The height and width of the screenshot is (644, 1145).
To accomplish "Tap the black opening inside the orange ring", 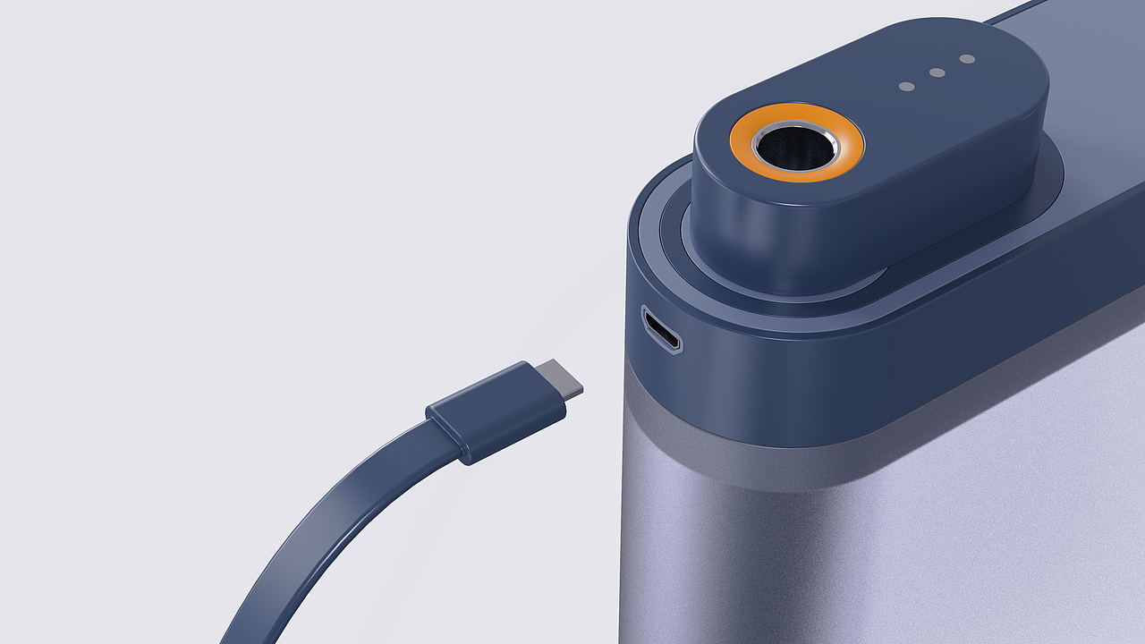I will click(x=794, y=145).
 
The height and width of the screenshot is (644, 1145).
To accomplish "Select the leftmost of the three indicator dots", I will click(x=906, y=87).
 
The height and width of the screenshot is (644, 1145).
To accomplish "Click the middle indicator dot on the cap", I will click(x=937, y=72).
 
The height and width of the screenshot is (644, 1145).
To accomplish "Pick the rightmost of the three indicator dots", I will click(x=967, y=59).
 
